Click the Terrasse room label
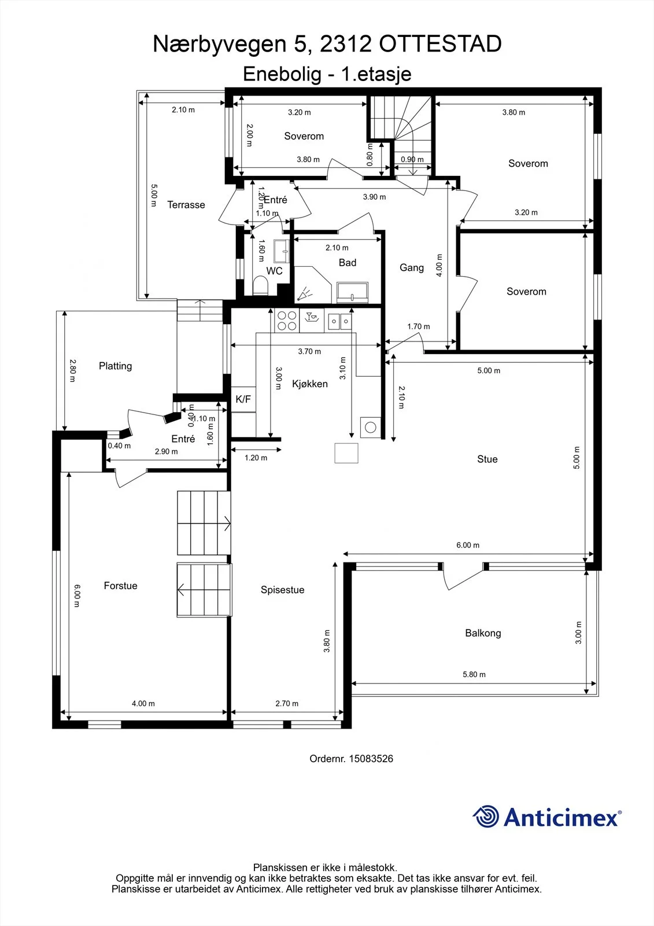coord(186,205)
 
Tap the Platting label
coord(115,366)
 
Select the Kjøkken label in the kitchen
coord(310,384)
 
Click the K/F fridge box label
coord(243,399)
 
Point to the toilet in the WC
coord(260,285)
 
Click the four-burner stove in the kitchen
coord(287,321)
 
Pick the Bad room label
coord(348,263)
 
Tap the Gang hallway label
coord(412,268)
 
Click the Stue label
coord(487,460)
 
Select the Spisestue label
coord(283,590)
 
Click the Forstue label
coord(121,586)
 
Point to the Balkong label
coord(483,633)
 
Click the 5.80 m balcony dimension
coord(474,675)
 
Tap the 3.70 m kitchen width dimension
coord(309,352)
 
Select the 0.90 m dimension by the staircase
coord(412,160)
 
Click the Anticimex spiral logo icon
coord(486,817)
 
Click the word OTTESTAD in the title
coord(441,44)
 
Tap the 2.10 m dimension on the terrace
coord(183,110)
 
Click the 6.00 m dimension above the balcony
coord(468,545)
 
